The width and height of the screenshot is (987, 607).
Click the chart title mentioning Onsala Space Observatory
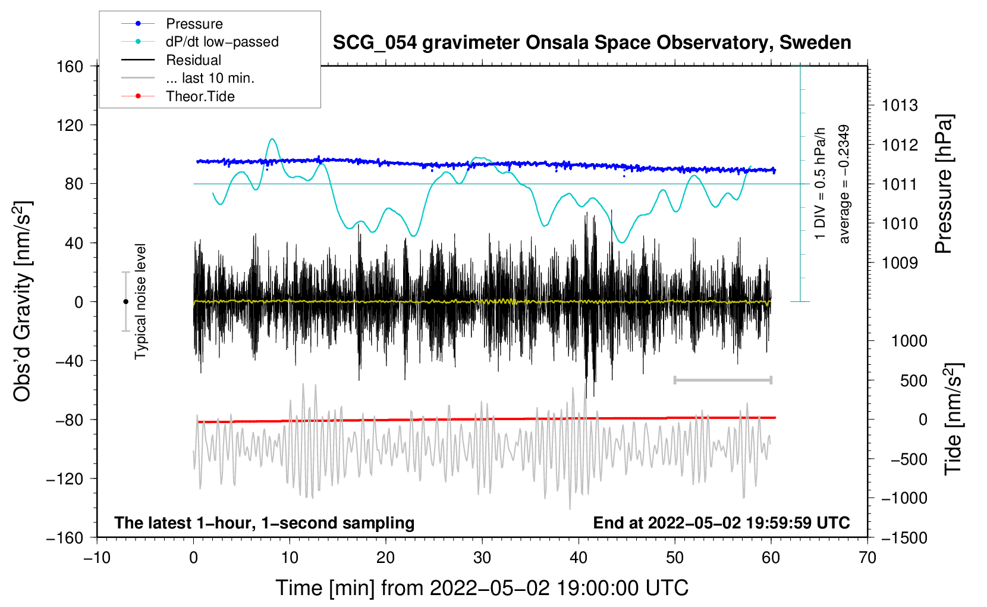pyautogui.click(x=592, y=43)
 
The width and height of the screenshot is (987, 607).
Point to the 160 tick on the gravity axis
pyautogui.click(x=70, y=67)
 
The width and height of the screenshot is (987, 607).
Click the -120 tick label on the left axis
pyautogui.click(x=65, y=478)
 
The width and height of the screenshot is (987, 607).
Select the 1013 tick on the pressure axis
pyautogui.click(x=900, y=105)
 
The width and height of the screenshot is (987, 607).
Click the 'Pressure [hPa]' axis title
pyautogui.click(x=944, y=184)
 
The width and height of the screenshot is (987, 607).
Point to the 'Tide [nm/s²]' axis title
pyautogui.click(x=954, y=419)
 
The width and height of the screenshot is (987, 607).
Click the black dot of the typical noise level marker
pyautogui.click(x=125, y=302)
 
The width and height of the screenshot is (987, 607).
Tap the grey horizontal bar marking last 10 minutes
pyautogui.click(x=722, y=380)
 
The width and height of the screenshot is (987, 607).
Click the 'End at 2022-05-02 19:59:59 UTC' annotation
pyautogui.click(x=721, y=522)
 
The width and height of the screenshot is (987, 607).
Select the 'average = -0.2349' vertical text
pyautogui.click(x=843, y=184)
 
